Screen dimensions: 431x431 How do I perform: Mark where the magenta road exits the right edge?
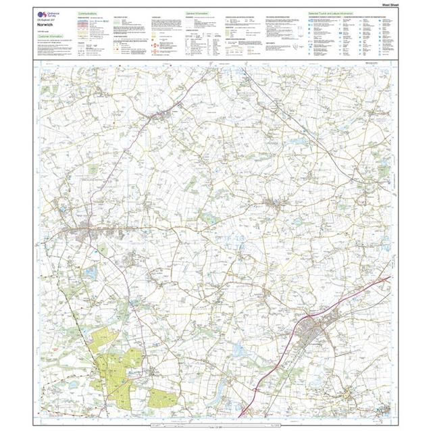pyautogui.click(x=390, y=276)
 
